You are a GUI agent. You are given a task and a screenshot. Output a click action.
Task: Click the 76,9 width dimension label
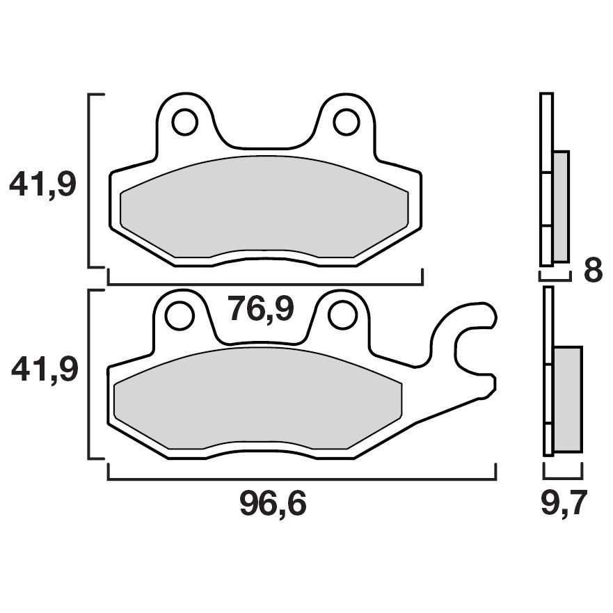click(x=261, y=310)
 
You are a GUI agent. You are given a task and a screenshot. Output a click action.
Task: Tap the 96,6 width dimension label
click(x=273, y=505)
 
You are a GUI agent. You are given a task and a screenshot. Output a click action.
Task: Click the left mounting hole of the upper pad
click(x=184, y=122)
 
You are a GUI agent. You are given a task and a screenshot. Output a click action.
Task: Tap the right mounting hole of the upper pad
click(x=346, y=122)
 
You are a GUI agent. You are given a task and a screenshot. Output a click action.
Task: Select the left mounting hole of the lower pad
click(x=180, y=315)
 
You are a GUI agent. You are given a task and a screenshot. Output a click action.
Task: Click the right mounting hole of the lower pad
click(x=342, y=315)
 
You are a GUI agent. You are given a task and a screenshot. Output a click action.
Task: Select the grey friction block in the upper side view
click(x=561, y=206)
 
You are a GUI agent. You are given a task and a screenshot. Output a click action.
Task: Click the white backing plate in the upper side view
click(x=546, y=179)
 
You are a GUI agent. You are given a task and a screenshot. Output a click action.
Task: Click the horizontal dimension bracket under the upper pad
click(x=265, y=284)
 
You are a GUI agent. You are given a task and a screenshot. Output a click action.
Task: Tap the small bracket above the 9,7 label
click(x=562, y=477)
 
